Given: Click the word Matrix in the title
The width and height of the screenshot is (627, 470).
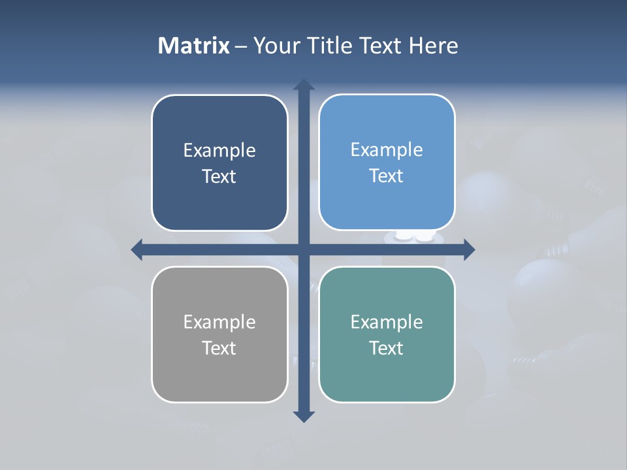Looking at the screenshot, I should (194, 46).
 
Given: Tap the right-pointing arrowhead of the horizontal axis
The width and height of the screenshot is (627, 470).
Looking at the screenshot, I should (468, 249).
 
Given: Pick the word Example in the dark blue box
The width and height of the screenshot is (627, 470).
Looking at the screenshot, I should (219, 151).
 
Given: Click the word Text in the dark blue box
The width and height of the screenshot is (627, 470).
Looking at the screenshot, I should (219, 177).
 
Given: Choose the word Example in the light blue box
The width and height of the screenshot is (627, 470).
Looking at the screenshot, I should (387, 150).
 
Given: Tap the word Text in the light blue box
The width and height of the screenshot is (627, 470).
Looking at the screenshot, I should (387, 176).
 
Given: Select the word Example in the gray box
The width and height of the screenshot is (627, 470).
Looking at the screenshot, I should (219, 322).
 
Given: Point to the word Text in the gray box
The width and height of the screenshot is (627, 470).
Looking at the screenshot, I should (219, 349).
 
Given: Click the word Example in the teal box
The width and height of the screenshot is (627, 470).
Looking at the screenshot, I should (387, 322).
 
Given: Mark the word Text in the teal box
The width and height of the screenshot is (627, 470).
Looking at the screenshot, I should (387, 349).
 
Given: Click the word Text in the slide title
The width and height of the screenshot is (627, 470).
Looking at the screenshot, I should (380, 46).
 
